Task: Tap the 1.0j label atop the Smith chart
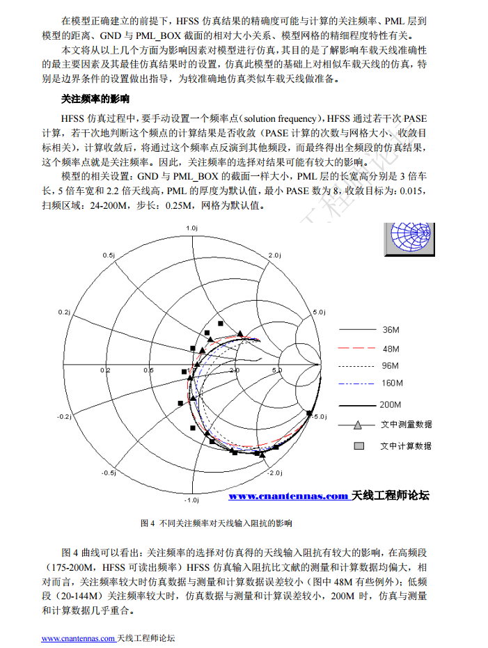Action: click(192, 228)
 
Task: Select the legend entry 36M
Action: click(391, 329)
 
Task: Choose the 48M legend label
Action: click(391, 348)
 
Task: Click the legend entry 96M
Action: click(391, 366)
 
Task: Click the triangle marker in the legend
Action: click(356, 425)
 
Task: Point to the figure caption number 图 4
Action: click(147, 523)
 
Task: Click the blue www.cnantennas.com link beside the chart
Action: click(288, 496)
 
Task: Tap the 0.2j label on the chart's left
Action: click(65, 312)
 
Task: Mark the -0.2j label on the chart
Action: click(64, 416)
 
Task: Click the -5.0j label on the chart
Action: click(319, 416)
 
